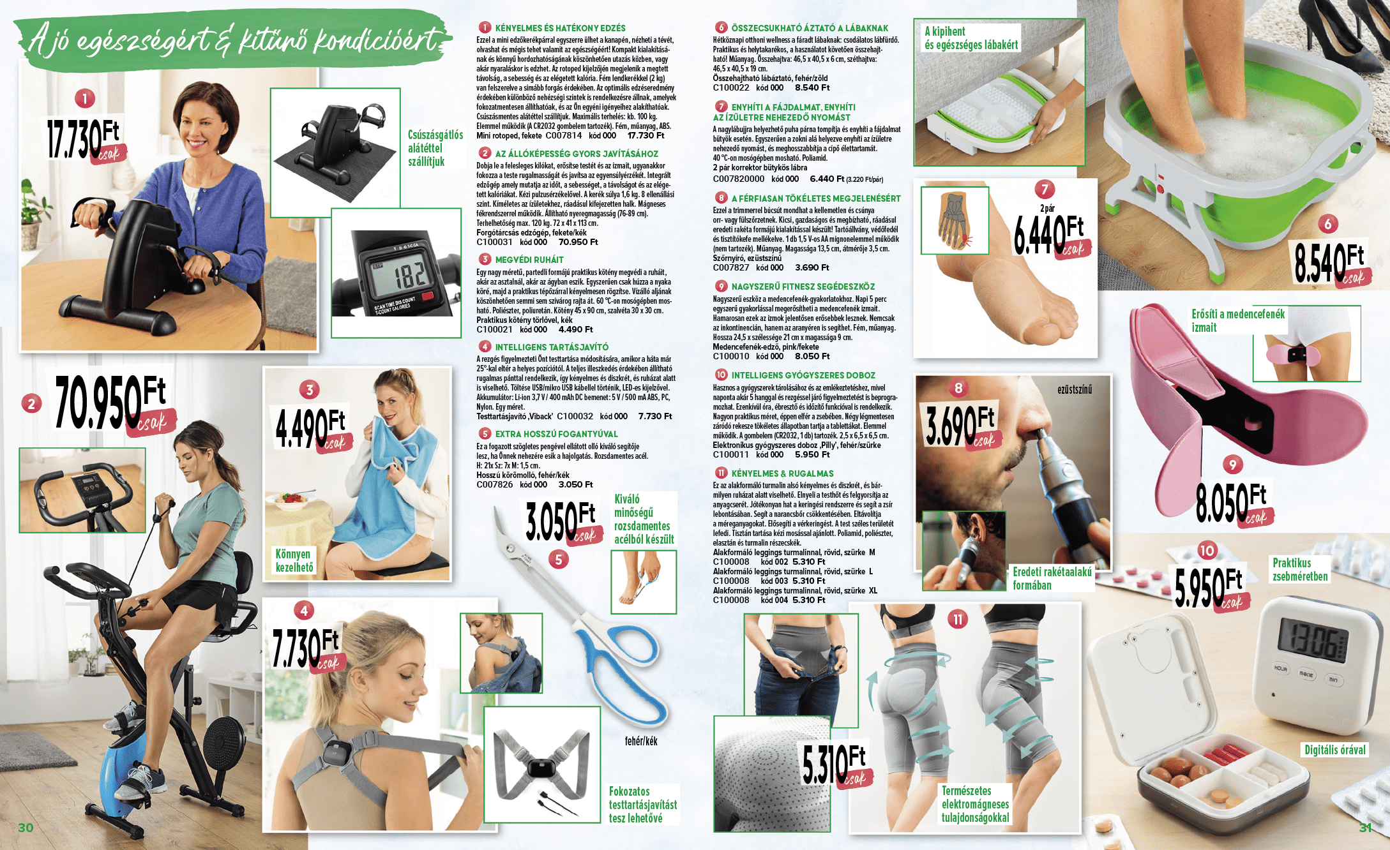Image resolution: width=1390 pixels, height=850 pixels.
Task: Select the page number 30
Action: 26,828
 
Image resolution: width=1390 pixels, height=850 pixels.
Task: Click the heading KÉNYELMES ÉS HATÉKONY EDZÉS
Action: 560,28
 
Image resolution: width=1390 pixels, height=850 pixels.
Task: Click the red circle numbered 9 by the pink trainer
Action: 1232,465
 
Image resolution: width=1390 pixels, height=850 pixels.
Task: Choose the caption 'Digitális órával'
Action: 1335,750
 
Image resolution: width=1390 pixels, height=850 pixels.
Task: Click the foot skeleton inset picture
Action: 955,220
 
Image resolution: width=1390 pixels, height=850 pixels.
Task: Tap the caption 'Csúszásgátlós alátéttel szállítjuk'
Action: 435,148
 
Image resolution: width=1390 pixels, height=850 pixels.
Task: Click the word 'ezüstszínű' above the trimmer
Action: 1075,389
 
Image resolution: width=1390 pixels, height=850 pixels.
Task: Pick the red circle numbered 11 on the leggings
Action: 958,619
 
